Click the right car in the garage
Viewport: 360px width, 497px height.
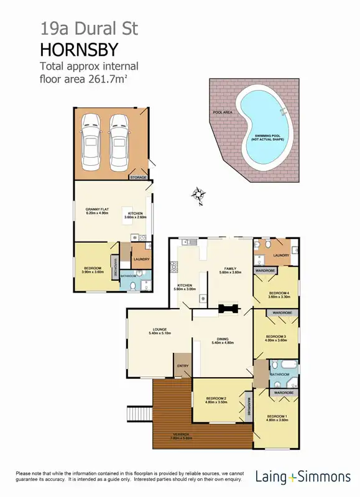[x=120, y=142]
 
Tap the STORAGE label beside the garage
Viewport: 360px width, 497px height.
[x=138, y=178]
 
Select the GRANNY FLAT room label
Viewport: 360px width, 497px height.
[x=97, y=209]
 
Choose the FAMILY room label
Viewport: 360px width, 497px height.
[x=230, y=269]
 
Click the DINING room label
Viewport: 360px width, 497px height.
[x=222, y=340]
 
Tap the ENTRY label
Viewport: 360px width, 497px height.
[x=183, y=366]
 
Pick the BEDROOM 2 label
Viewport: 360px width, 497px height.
[x=216, y=398]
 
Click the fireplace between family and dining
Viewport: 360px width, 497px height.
[x=228, y=308]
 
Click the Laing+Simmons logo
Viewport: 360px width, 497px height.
[x=303, y=476]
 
